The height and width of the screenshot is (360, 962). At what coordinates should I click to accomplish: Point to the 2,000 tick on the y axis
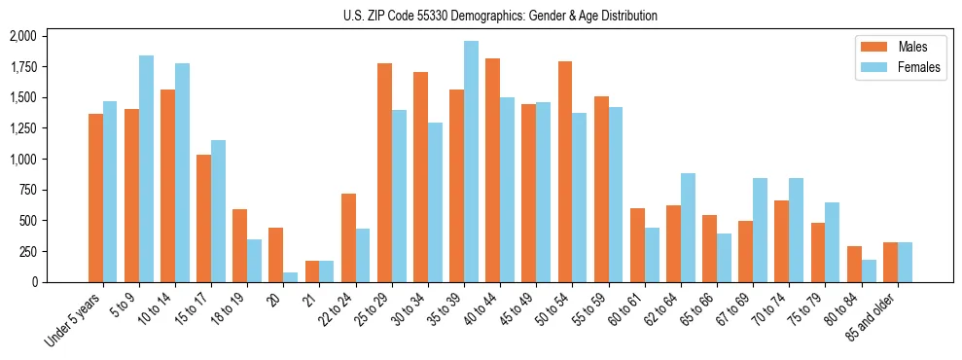coord(21,36)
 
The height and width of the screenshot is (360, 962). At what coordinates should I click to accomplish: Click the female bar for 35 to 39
coord(471,162)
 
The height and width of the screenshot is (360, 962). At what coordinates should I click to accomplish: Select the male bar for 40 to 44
coord(492,170)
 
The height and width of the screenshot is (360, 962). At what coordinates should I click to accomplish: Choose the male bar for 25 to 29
coord(384,172)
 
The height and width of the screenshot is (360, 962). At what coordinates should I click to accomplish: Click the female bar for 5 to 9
coord(146,168)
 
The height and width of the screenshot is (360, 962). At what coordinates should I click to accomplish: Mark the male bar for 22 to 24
coord(348,237)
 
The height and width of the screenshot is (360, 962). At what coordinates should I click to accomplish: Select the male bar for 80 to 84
coord(853,264)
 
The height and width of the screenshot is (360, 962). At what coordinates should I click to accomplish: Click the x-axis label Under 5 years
coord(75,318)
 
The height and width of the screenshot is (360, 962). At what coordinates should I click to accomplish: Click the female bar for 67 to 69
coord(760,230)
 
